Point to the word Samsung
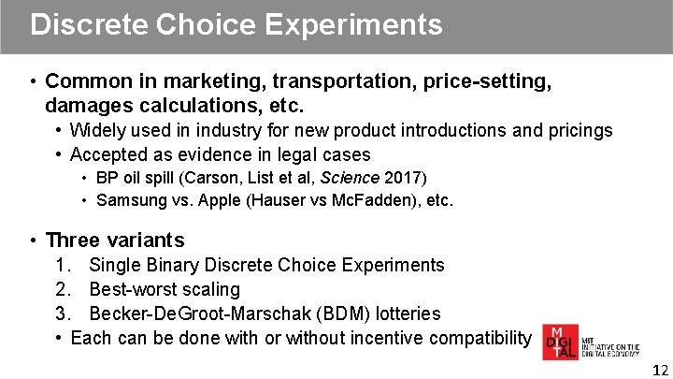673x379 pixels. [x=131, y=199]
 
